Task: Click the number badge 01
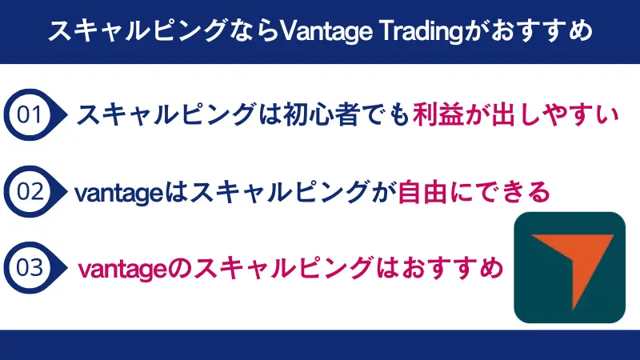[x=30, y=115]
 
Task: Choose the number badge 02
[x=30, y=192]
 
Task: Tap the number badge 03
[x=30, y=267]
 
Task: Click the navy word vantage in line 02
[x=117, y=193]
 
